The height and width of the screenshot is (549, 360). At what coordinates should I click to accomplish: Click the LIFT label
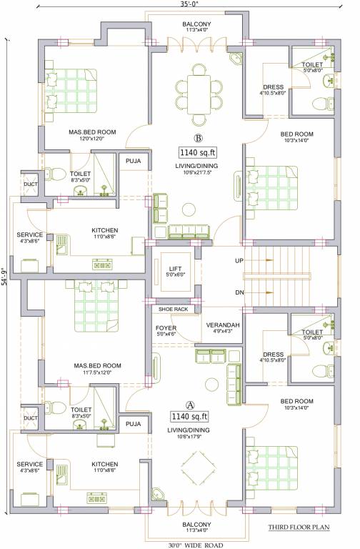point(175,269)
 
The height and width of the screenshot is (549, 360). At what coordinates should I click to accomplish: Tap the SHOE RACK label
point(173,309)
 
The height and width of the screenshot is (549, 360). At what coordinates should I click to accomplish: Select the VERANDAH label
point(223,325)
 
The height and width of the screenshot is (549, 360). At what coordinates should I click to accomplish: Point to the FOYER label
point(166,328)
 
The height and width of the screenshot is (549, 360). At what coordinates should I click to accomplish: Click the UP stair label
point(239,261)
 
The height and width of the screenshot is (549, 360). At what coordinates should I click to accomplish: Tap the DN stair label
point(239,292)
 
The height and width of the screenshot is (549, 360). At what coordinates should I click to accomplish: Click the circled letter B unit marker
point(199,138)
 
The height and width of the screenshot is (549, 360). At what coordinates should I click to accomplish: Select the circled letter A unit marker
point(190,405)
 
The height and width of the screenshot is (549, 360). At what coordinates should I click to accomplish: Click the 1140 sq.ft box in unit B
point(197,153)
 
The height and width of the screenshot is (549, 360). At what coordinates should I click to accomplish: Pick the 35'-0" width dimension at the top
point(189,4)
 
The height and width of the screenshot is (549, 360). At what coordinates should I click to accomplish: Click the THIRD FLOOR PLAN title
point(299,527)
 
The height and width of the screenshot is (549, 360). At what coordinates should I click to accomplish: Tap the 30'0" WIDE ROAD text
point(196,545)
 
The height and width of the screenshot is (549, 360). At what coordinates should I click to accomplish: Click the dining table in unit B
point(199,94)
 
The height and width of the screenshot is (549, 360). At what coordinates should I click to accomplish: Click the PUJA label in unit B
point(134,161)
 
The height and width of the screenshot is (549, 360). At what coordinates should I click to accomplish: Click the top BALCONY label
point(196,24)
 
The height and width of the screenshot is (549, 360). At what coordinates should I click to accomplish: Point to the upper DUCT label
point(31,184)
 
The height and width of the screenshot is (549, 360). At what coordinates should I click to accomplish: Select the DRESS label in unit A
point(274,355)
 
